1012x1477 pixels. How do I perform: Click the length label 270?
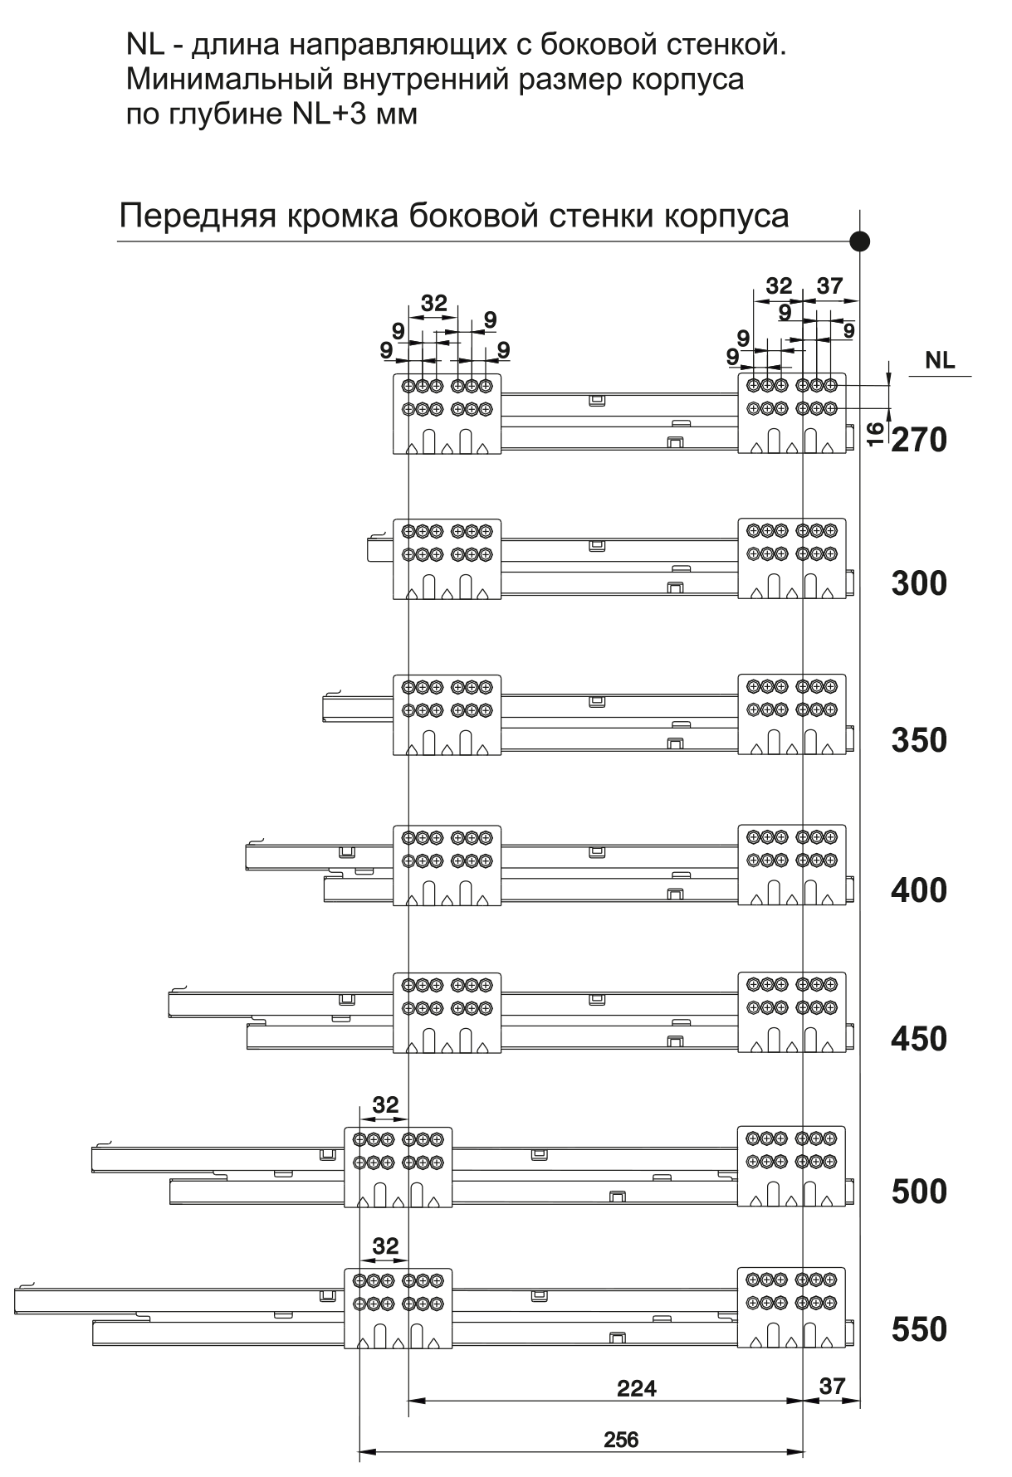919,440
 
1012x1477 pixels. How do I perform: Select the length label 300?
919,584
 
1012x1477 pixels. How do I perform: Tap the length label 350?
919,740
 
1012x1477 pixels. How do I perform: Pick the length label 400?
919,890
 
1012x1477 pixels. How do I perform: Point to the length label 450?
919,1039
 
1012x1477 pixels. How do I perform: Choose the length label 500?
919,1192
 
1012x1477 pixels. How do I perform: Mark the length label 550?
919,1329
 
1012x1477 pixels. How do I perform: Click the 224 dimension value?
637,1387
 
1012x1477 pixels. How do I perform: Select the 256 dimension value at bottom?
622,1439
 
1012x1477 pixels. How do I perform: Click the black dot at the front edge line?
860,241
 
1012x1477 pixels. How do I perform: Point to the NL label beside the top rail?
940,361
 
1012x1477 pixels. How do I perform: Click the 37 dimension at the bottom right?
832,1386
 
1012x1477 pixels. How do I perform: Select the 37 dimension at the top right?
829,286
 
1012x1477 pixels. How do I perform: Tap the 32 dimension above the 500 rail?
386,1105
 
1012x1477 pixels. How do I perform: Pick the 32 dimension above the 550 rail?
386,1246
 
